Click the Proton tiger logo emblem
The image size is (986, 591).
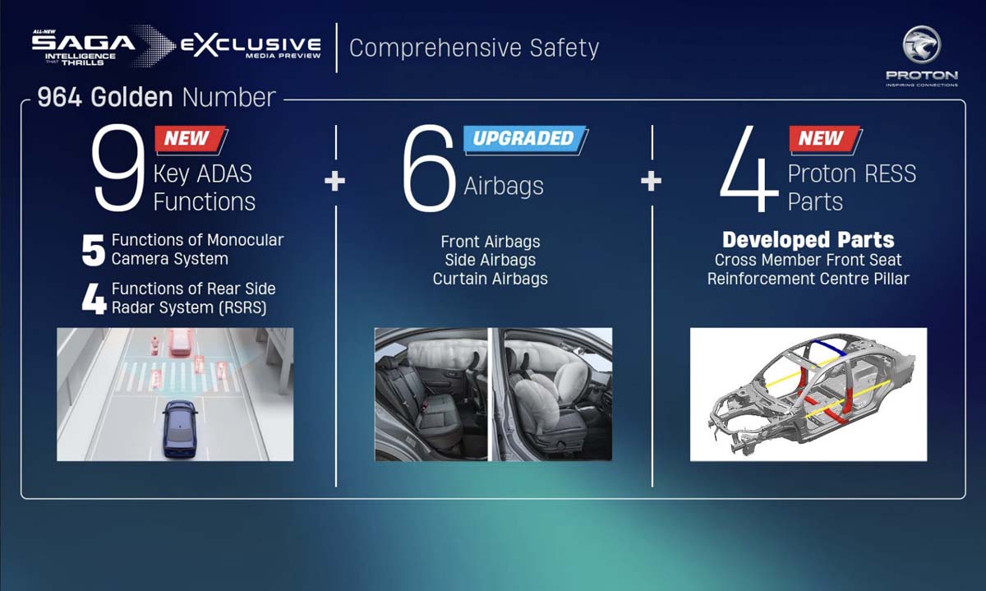click(x=921, y=45)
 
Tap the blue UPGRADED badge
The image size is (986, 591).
click(x=524, y=139)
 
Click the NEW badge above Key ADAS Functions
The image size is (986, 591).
click(x=188, y=139)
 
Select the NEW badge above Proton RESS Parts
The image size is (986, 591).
click(x=822, y=139)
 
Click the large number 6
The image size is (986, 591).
click(x=428, y=170)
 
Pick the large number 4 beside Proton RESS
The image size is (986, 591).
click(x=748, y=170)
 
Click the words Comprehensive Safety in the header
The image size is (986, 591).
click(x=474, y=48)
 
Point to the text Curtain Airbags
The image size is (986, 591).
click(x=491, y=279)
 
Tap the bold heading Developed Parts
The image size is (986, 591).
click(x=808, y=240)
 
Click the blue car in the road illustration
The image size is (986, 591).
click(x=179, y=428)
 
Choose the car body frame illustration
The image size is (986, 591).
click(x=808, y=394)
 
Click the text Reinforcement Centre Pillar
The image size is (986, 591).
click(x=808, y=279)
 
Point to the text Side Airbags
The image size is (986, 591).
click(x=491, y=261)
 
